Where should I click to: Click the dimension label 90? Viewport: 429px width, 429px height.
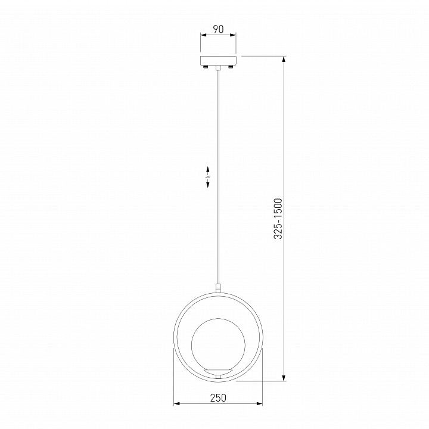coord(218,29)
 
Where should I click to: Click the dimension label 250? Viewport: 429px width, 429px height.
coord(218,398)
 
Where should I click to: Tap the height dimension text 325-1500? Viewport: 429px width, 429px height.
coord(278,219)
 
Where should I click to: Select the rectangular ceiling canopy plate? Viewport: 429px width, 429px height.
coord(218,61)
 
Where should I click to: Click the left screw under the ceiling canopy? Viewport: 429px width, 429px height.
coord(206,67)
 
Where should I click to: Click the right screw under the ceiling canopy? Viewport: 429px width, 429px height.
coord(231,67)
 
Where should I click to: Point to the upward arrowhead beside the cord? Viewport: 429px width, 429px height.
coord(208,170)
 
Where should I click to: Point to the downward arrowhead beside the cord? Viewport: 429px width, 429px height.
coord(208,184)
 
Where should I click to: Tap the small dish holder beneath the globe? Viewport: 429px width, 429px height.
coord(218,371)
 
